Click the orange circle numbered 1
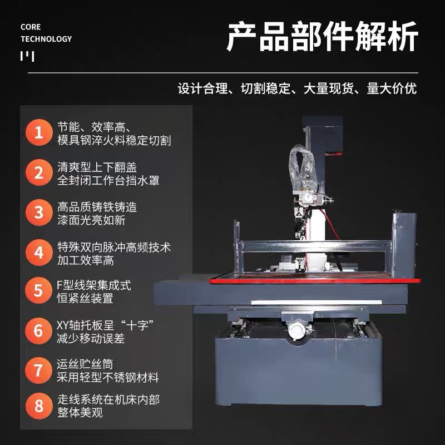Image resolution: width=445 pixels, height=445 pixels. (x=39, y=132)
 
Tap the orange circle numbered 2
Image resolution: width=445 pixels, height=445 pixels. (x=39, y=172)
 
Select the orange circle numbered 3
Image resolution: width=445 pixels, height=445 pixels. (x=39, y=212)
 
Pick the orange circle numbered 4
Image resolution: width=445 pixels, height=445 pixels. (x=39, y=253)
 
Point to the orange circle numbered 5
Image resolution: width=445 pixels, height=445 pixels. (x=38, y=290)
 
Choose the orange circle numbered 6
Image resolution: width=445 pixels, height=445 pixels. (x=38, y=331)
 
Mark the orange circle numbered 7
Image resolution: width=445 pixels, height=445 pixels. (x=38, y=370)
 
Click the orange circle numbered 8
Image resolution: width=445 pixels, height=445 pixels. (x=39, y=406)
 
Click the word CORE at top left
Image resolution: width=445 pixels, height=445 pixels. (x=31, y=27)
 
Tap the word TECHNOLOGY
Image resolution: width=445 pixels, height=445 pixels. (x=46, y=39)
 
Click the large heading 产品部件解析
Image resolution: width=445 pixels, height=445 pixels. (x=323, y=37)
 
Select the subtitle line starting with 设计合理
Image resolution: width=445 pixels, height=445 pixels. (x=297, y=88)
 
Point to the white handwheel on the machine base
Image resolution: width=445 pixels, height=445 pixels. (x=296, y=330)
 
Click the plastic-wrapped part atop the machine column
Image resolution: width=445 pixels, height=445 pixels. (x=302, y=167)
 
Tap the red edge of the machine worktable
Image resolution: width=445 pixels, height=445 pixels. (x=315, y=281)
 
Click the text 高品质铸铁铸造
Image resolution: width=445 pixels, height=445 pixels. (x=97, y=207)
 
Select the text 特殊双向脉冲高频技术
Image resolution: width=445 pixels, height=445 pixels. (x=114, y=247)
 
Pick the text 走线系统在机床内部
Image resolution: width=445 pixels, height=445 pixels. (x=108, y=399)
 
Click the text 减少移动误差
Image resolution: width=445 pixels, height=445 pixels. (x=91, y=338)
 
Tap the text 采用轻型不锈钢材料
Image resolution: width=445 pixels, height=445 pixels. (x=107, y=378)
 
